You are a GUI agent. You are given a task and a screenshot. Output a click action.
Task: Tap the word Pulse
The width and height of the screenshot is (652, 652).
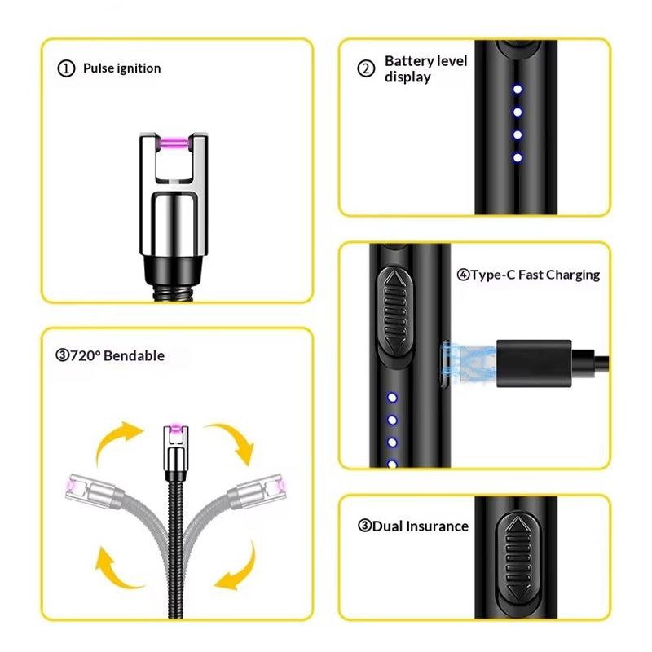click(99, 68)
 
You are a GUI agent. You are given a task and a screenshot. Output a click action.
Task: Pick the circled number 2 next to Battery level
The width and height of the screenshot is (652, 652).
click(366, 68)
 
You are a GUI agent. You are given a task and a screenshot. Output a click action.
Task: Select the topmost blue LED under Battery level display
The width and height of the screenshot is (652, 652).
click(516, 90)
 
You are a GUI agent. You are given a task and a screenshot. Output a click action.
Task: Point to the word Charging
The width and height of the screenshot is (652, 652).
click(571, 275)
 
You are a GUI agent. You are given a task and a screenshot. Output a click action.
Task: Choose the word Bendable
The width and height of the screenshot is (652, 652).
click(135, 355)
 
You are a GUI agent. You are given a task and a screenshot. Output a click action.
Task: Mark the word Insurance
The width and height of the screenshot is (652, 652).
click(438, 526)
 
